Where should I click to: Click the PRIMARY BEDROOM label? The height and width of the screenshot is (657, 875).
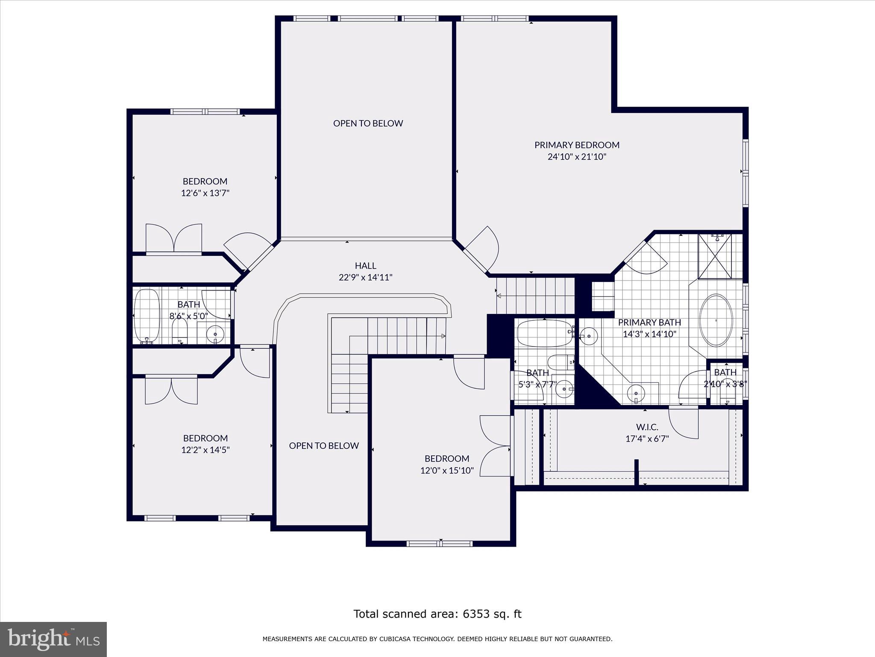click(577, 145)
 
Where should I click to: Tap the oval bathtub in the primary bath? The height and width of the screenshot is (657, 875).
click(716, 320)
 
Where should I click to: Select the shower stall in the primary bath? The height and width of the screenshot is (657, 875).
click(714, 256)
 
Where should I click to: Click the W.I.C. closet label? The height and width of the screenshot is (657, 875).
click(647, 427)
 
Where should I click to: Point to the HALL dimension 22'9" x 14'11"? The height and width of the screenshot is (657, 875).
click(365, 277)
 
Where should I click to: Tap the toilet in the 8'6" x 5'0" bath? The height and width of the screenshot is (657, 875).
click(180, 332)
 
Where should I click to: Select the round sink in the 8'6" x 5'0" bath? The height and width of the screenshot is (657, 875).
click(215, 334)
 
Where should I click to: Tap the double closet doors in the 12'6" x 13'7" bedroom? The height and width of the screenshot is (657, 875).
click(173, 238)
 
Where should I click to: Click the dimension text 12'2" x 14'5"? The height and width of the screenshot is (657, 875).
click(205, 450)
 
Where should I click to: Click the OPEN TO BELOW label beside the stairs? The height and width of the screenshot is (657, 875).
click(323, 446)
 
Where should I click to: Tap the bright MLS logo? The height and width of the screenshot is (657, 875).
click(53, 639)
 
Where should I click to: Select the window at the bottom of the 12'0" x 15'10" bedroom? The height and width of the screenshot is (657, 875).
click(439, 544)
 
